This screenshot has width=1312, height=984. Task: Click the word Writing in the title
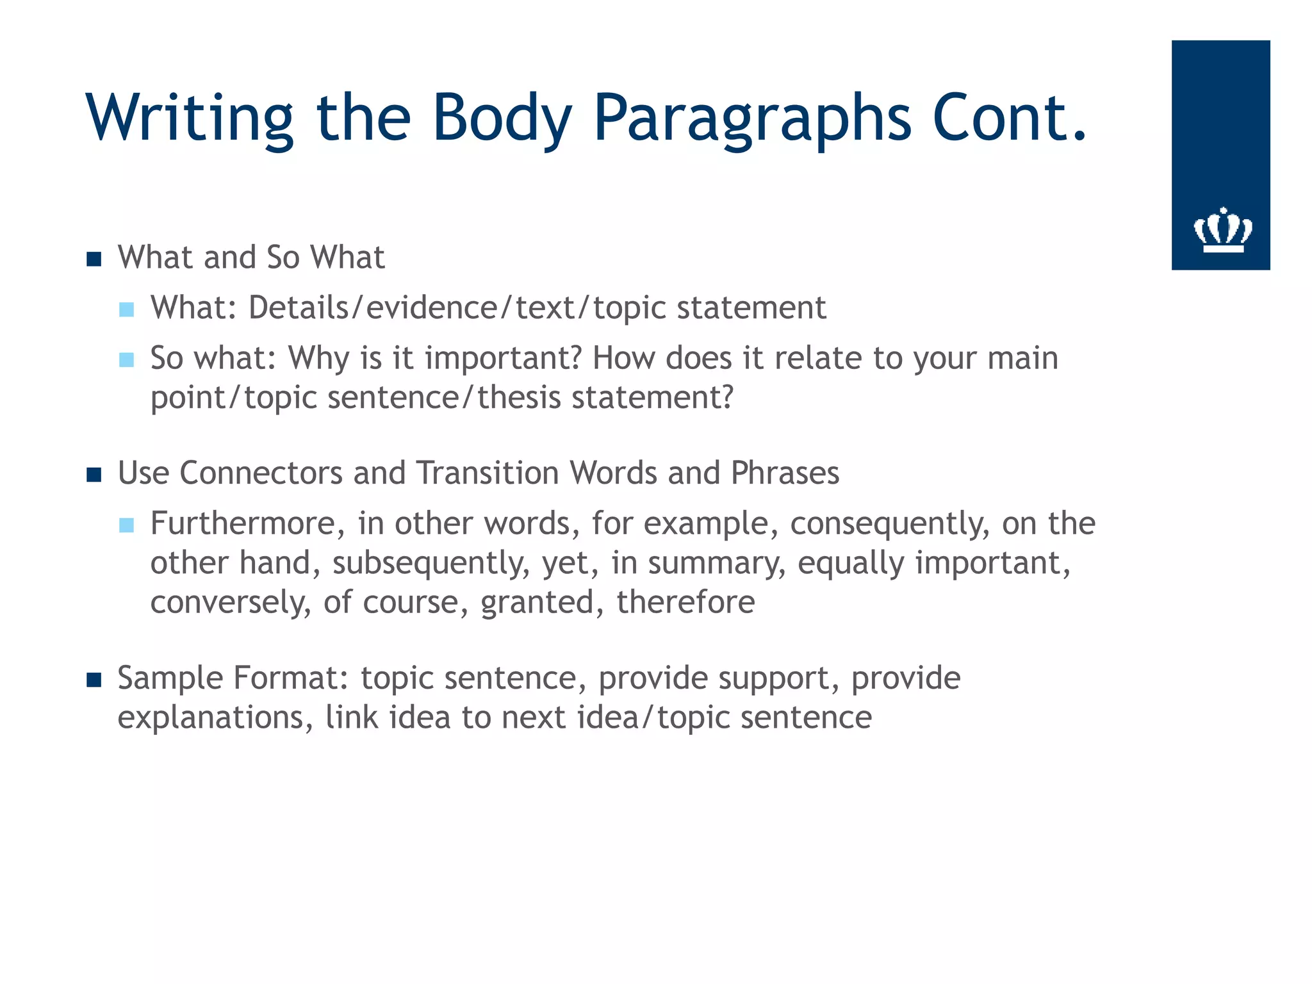(190, 119)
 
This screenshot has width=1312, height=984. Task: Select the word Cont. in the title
(1010, 119)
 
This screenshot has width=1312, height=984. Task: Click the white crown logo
(1222, 230)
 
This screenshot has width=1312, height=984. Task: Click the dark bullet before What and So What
(94, 259)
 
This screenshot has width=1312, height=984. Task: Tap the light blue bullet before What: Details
(127, 310)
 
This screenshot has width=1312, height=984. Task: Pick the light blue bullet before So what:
(127, 360)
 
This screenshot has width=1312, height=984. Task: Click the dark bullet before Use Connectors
(94, 475)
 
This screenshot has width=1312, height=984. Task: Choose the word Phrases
(785, 473)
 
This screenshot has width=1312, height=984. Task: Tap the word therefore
(685, 603)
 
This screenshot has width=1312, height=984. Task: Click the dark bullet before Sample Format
(94, 680)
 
